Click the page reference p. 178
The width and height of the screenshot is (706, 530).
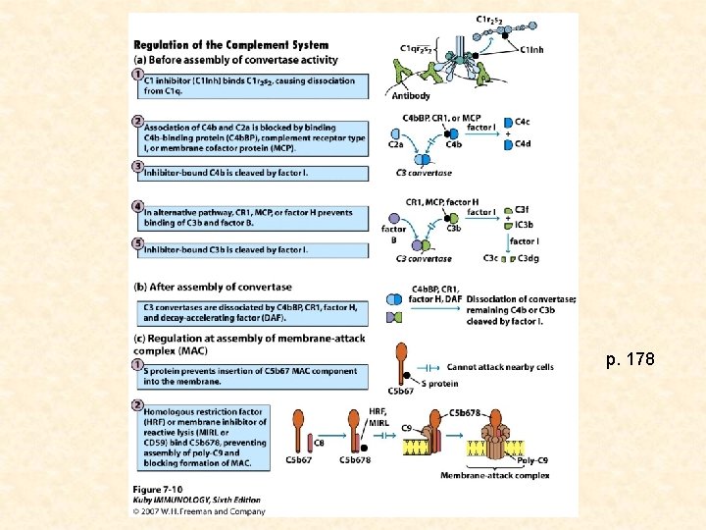[630, 360]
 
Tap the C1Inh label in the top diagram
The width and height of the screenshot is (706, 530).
[533, 51]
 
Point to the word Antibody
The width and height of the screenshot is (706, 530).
[411, 96]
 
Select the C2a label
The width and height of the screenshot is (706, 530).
[395, 143]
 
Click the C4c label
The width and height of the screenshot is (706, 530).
[522, 121]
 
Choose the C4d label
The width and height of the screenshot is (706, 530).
[522, 144]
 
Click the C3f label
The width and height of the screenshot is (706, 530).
[522, 209]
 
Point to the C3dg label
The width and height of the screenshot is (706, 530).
[528, 258]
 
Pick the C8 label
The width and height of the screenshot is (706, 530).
[320, 443]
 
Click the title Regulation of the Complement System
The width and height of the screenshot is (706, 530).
[230, 45]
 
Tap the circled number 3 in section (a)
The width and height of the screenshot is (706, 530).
[138, 167]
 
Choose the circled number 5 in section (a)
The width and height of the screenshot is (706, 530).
[138, 243]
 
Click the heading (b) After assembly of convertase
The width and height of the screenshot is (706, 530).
[212, 287]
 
